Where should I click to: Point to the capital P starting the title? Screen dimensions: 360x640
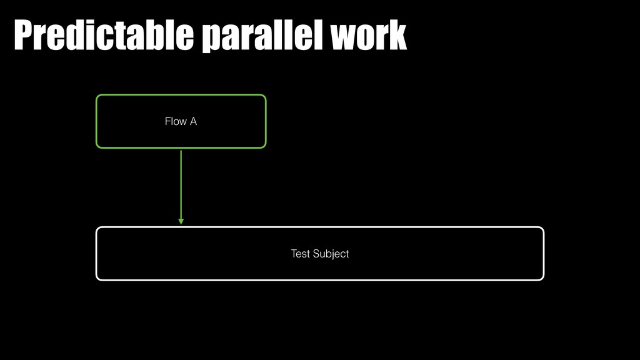pos(23,36)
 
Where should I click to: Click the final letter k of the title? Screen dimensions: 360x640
pos(397,36)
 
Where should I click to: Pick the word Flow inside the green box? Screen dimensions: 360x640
pos(176,121)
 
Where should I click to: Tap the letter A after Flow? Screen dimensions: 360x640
pos(193,121)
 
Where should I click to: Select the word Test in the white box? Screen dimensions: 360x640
pos(300,254)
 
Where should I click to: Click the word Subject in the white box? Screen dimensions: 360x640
pos(330,254)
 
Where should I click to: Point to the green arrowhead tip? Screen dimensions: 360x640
pos(181,224)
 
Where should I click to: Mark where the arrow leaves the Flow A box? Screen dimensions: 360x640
pos(181,149)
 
